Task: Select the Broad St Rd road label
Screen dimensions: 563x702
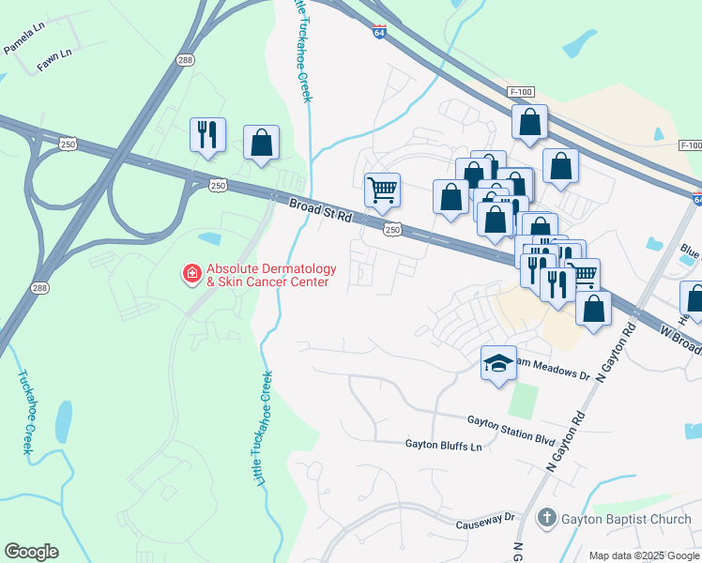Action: pyautogui.click(x=320, y=210)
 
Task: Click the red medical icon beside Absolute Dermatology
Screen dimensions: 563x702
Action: pyautogui.click(x=191, y=273)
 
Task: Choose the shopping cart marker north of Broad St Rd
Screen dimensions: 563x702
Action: pyautogui.click(x=382, y=190)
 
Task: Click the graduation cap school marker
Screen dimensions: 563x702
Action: pyautogui.click(x=498, y=364)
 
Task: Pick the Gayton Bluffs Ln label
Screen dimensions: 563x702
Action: pyautogui.click(x=443, y=445)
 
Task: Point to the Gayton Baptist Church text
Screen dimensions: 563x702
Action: pyautogui.click(x=626, y=519)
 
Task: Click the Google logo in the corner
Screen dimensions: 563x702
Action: pyautogui.click(x=31, y=552)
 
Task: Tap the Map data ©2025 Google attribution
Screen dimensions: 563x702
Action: pyautogui.click(x=644, y=555)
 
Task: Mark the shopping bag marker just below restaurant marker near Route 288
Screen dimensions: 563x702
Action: pyautogui.click(x=262, y=144)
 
